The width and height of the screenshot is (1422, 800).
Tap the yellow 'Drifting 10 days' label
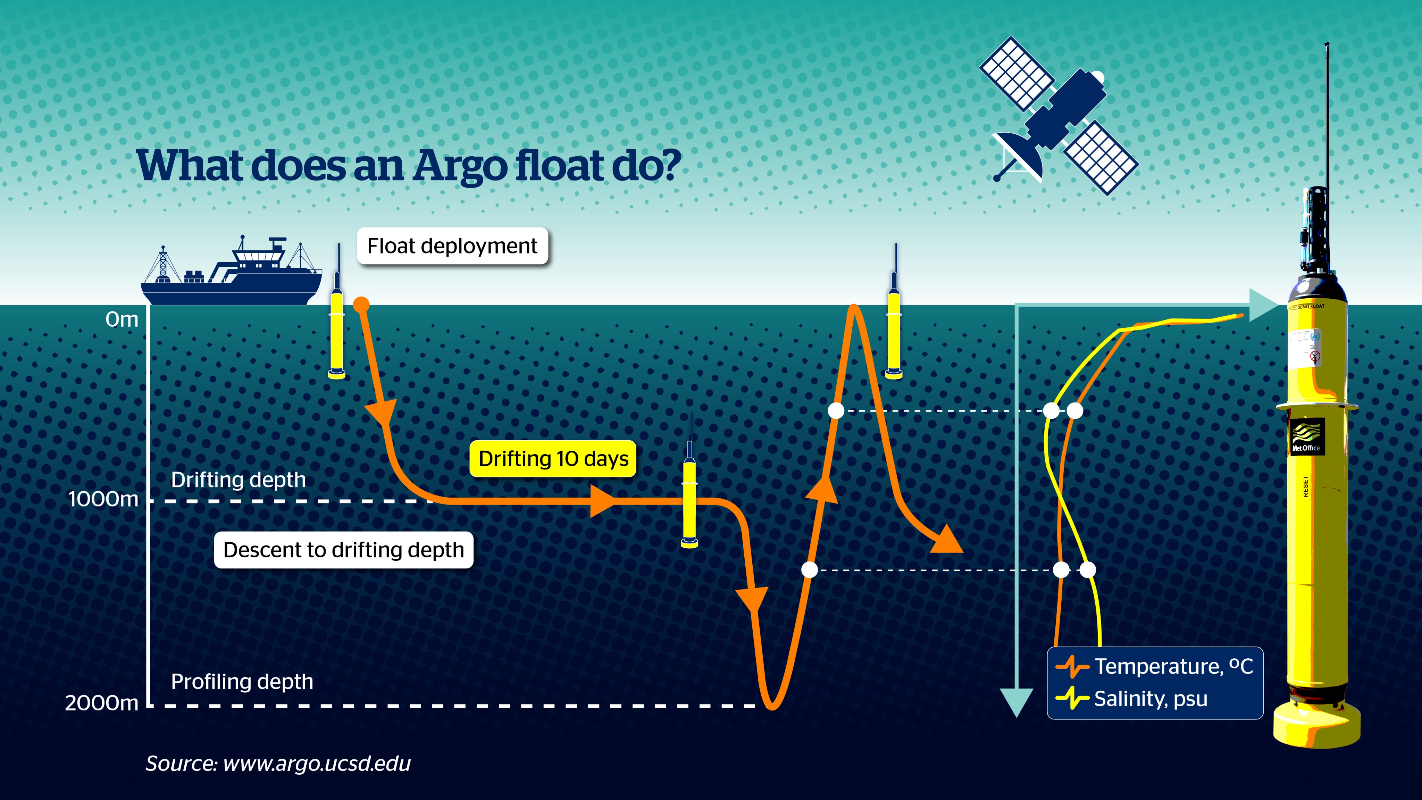[x=553, y=459]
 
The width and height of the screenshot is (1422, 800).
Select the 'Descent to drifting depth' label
[x=343, y=550]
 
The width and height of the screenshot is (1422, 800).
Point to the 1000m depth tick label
[x=103, y=499]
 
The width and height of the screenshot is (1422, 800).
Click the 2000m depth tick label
[x=102, y=703]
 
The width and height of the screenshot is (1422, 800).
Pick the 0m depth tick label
[x=122, y=319]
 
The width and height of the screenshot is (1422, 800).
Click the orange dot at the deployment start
[x=361, y=304]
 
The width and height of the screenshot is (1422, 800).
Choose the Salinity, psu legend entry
[x=1132, y=698]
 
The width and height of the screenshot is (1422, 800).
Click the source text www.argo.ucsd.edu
[x=317, y=764]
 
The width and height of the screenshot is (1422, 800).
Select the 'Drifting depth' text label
[x=238, y=480]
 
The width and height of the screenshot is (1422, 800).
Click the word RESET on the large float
[x=1305, y=486]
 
